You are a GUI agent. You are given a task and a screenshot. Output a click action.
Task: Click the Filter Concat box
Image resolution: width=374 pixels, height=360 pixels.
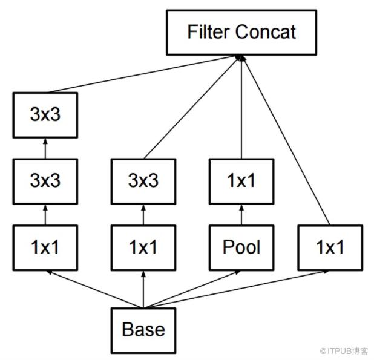(x=241, y=33)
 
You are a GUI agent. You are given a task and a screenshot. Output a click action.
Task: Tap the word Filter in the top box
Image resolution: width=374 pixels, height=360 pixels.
(x=209, y=31)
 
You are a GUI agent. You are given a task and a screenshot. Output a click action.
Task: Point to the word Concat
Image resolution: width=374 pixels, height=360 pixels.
(x=266, y=31)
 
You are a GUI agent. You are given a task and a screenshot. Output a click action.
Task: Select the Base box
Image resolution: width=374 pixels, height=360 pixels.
(x=143, y=330)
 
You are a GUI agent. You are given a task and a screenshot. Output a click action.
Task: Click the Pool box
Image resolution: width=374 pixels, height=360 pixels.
(x=241, y=248)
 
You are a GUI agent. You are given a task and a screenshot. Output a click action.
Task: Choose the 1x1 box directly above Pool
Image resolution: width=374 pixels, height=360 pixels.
(x=241, y=182)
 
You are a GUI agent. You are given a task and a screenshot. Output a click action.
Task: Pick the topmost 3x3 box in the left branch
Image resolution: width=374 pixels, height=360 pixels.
(x=45, y=115)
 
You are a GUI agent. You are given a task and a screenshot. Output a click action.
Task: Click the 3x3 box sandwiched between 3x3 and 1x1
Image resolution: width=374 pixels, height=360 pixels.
(x=45, y=182)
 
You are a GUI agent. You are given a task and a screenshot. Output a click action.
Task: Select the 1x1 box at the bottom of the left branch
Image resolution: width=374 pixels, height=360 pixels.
(x=45, y=248)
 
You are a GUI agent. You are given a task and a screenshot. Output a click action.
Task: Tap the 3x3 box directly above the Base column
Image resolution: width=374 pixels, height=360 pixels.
(x=143, y=182)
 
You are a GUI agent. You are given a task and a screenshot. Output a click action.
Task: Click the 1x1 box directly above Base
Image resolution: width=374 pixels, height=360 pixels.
(x=143, y=248)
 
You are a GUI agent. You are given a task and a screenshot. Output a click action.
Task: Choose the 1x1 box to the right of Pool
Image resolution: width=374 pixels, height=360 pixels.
(x=330, y=248)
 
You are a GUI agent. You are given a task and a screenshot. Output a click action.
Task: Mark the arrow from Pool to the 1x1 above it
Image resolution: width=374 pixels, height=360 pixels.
(x=241, y=215)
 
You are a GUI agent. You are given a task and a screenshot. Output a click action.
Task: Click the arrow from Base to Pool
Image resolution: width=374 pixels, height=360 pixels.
(x=192, y=289)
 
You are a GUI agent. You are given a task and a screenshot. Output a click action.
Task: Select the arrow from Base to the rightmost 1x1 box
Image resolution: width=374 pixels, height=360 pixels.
(x=236, y=289)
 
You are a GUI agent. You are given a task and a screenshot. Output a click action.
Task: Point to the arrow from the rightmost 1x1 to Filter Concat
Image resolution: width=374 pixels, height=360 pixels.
(x=286, y=140)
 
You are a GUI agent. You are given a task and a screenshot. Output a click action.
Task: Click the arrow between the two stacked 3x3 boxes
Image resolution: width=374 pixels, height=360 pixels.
(x=45, y=148)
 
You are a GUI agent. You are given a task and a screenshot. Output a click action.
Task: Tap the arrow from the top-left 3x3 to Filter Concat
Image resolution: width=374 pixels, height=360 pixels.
(x=143, y=74)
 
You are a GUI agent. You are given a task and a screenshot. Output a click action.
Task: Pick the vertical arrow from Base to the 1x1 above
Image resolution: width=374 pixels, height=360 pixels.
(x=143, y=289)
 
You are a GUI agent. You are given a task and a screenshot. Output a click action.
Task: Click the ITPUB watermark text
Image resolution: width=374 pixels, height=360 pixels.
(x=344, y=351)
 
